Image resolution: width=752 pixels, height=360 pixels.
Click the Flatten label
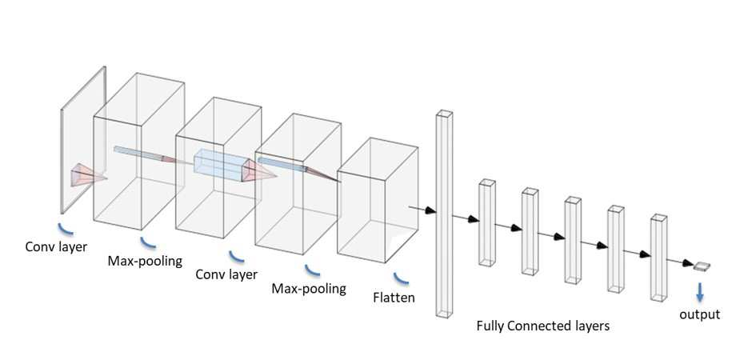click(394, 298)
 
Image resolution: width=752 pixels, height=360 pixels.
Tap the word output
click(700, 315)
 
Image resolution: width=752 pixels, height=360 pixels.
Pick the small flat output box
click(702, 266)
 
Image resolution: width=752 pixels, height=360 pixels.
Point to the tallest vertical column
click(444, 214)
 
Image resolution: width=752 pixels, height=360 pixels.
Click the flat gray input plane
click(83, 140)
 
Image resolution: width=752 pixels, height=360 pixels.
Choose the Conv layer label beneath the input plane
click(57, 247)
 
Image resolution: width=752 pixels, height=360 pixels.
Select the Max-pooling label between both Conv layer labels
click(145, 262)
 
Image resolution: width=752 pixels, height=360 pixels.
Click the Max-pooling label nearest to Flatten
click(308, 289)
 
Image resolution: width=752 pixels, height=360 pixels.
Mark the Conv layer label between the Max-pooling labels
click(226, 274)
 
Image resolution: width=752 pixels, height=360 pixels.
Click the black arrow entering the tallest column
click(422, 210)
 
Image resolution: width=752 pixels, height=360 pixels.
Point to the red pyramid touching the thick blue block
click(259, 171)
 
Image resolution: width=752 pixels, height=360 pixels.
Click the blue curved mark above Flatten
click(401, 278)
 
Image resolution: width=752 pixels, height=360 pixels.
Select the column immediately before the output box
click(658, 258)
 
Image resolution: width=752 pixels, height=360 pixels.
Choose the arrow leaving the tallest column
click(466, 218)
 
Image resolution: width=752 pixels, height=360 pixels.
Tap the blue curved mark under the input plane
click(66, 228)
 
